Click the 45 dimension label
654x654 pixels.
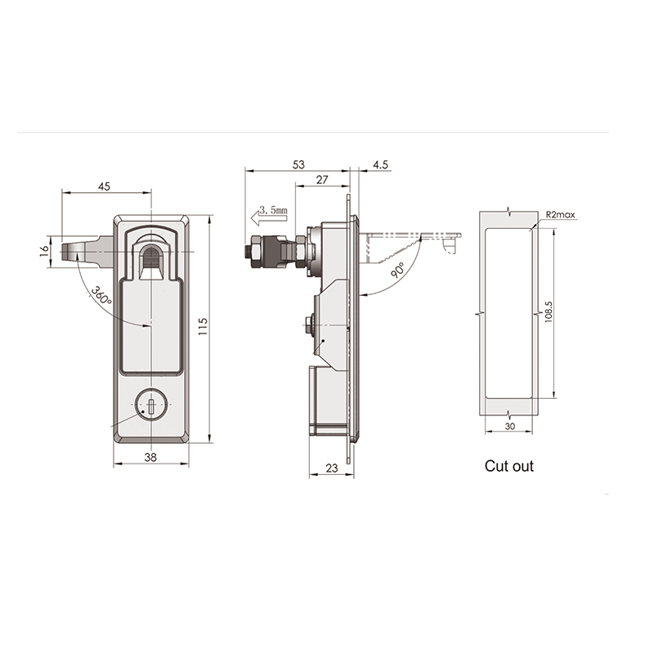pos(105,186)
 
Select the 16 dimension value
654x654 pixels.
pos(44,251)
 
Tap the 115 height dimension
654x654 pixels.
pos(203,326)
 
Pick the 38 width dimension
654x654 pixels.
pos(150,457)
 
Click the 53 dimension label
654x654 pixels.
pos(298,165)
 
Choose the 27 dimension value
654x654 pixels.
pos(322,180)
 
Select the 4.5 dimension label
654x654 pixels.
pos(380,165)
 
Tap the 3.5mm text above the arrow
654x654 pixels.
pos(273,209)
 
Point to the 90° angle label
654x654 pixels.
pos(397,271)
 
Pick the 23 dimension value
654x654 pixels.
pos(332,468)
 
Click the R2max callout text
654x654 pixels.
pos(560,215)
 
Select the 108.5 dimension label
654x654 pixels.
pos(549,311)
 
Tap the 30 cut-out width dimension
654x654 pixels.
pos(509,426)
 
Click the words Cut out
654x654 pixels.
pos(508,466)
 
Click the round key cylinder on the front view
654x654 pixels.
pos(151,405)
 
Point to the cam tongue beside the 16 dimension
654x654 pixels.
pos(87,252)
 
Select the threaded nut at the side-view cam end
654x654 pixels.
pos(254,252)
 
